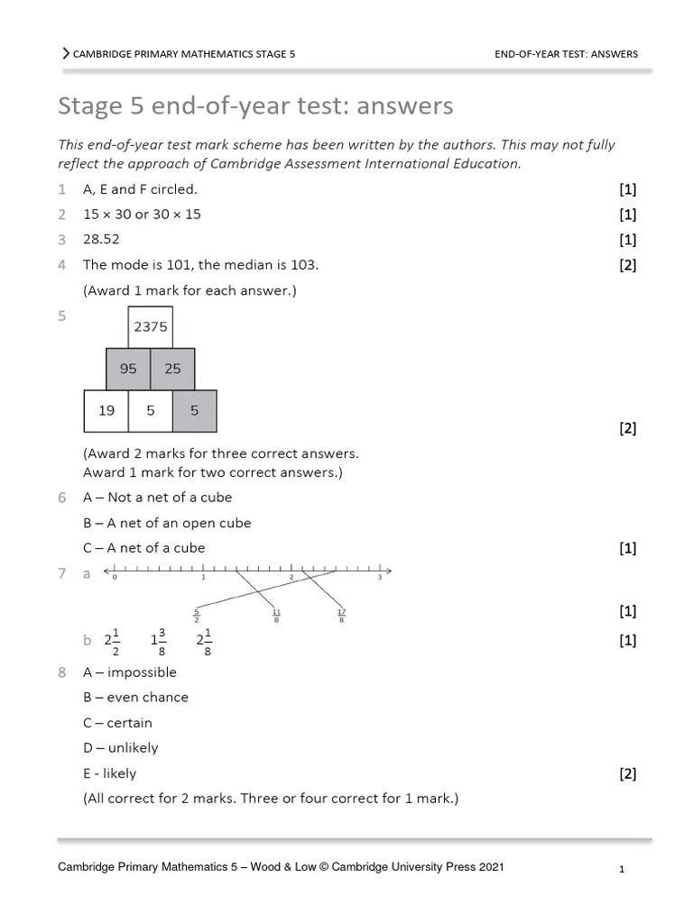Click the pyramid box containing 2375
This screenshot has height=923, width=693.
click(150, 327)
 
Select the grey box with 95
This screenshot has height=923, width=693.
click(128, 369)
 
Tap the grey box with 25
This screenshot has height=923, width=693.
click(172, 369)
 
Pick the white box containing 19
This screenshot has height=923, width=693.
click(106, 410)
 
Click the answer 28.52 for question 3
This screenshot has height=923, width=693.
click(101, 240)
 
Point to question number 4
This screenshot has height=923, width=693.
click(62, 265)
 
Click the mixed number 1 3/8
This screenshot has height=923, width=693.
click(159, 641)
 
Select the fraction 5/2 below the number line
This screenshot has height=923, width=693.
click(196, 616)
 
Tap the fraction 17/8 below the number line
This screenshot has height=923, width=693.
click(340, 616)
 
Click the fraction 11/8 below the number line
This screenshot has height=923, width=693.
click(276, 616)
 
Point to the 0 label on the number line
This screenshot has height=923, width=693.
click(115, 578)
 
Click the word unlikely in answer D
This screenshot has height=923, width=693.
click(133, 748)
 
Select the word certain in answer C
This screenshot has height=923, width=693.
click(130, 723)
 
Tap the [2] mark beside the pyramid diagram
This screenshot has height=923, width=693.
click(628, 429)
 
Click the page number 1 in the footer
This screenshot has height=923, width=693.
click(623, 870)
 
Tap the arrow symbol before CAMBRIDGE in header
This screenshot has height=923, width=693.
click(66, 54)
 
